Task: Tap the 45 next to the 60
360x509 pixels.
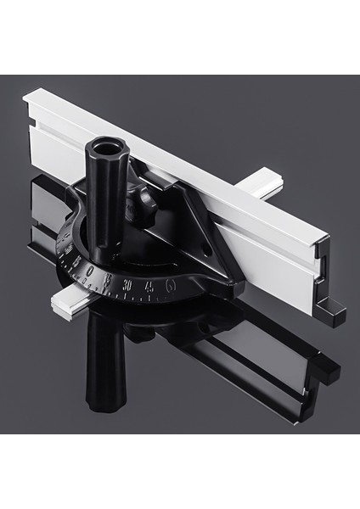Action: point(151,287)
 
